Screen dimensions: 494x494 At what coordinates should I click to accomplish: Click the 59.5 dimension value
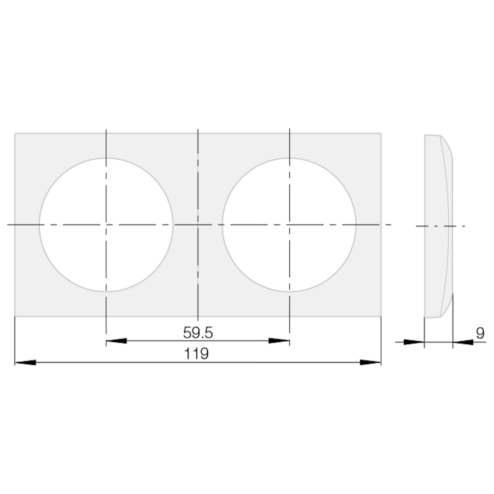(198, 333)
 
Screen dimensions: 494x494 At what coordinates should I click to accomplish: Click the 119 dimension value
(196, 354)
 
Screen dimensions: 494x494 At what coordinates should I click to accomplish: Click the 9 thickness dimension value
(480, 333)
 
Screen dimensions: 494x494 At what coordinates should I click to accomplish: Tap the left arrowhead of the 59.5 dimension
(117, 341)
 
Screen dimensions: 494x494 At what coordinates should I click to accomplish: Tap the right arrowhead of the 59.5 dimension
(279, 341)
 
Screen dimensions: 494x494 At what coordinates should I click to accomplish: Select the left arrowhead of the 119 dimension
(26, 363)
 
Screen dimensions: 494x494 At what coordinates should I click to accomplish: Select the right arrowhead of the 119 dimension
(370, 363)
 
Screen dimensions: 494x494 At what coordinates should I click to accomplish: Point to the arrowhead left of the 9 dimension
(414, 342)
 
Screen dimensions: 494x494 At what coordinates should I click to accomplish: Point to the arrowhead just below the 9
(463, 342)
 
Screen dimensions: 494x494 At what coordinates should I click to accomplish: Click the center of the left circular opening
(106, 225)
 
